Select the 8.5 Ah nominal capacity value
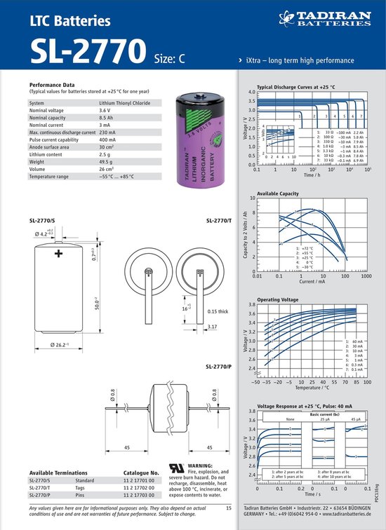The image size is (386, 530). tap(106, 118)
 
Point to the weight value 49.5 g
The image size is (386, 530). tap(107, 162)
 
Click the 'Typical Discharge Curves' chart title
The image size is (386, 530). tap(295, 87)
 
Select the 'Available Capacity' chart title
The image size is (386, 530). tap(279, 193)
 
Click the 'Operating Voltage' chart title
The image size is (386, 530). tap(278, 299)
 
